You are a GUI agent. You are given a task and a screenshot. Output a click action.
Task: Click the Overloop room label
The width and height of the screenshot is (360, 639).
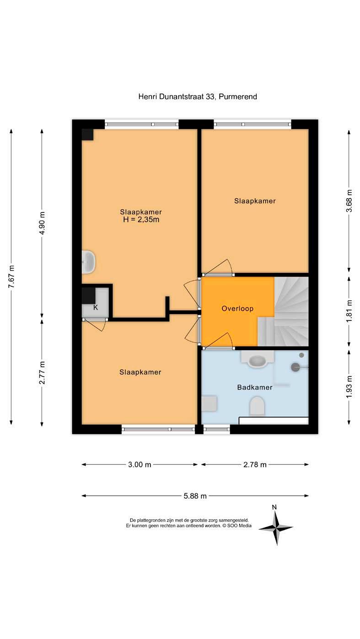[237, 309]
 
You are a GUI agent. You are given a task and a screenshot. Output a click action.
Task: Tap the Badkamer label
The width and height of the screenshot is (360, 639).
[255, 387]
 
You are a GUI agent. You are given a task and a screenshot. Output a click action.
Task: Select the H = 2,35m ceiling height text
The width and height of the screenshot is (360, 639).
[141, 219]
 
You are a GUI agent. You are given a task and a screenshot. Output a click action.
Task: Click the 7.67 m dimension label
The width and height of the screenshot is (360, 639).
[11, 277]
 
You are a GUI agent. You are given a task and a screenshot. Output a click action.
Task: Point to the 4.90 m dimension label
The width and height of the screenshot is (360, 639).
[42, 223]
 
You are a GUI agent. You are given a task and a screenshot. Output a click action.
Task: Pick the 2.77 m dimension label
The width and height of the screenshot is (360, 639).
[42, 373]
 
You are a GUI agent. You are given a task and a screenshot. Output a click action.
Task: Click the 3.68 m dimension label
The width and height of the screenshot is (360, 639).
[349, 201]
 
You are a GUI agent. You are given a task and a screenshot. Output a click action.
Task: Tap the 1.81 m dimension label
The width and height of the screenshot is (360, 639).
[349, 311]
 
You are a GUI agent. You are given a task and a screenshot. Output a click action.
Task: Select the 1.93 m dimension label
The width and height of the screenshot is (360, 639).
[349, 387]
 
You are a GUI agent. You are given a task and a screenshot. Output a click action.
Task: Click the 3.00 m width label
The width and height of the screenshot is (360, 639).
[140, 464]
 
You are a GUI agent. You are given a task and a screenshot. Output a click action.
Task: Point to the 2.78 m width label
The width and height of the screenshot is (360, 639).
[255, 464]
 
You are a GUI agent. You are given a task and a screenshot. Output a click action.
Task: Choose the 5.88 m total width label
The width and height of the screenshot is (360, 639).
[195, 496]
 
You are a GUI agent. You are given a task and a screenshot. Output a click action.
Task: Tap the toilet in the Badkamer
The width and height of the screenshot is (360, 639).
[257, 405]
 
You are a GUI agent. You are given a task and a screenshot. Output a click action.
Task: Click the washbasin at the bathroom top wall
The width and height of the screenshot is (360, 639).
[258, 360]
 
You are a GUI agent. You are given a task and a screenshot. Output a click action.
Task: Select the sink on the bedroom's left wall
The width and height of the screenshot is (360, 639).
[88, 262]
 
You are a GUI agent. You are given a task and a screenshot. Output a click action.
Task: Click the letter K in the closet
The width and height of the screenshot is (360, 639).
[96, 308]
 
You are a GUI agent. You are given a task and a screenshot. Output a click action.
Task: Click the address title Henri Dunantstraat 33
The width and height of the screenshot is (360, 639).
[177, 97]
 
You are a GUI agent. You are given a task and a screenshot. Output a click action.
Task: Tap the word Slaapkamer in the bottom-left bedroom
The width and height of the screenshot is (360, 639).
[140, 372]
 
